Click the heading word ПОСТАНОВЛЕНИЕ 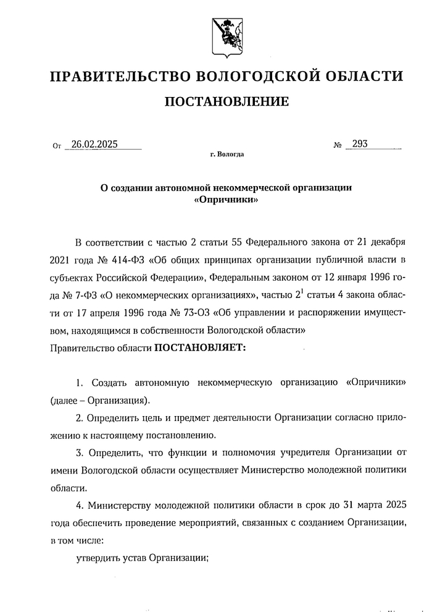click(226, 101)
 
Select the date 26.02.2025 click(94, 145)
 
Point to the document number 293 click(359, 145)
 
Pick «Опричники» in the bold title click(226, 200)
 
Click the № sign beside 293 click(338, 147)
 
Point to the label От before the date click(57, 147)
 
